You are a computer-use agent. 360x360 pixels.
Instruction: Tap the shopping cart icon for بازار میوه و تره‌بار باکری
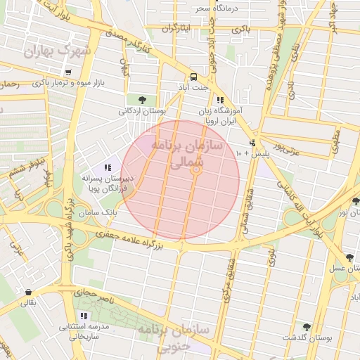click(67, 72)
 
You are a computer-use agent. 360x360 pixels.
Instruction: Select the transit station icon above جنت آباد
click(193, 77)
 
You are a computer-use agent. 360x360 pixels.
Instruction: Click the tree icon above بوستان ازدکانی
click(143, 99)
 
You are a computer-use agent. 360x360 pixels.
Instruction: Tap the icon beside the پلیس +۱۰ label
click(254, 141)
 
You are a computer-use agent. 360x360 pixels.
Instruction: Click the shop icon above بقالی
click(27, 292)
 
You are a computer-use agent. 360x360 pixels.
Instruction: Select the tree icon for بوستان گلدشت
click(306, 327)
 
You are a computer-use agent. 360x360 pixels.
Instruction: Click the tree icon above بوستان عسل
click(349, 257)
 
